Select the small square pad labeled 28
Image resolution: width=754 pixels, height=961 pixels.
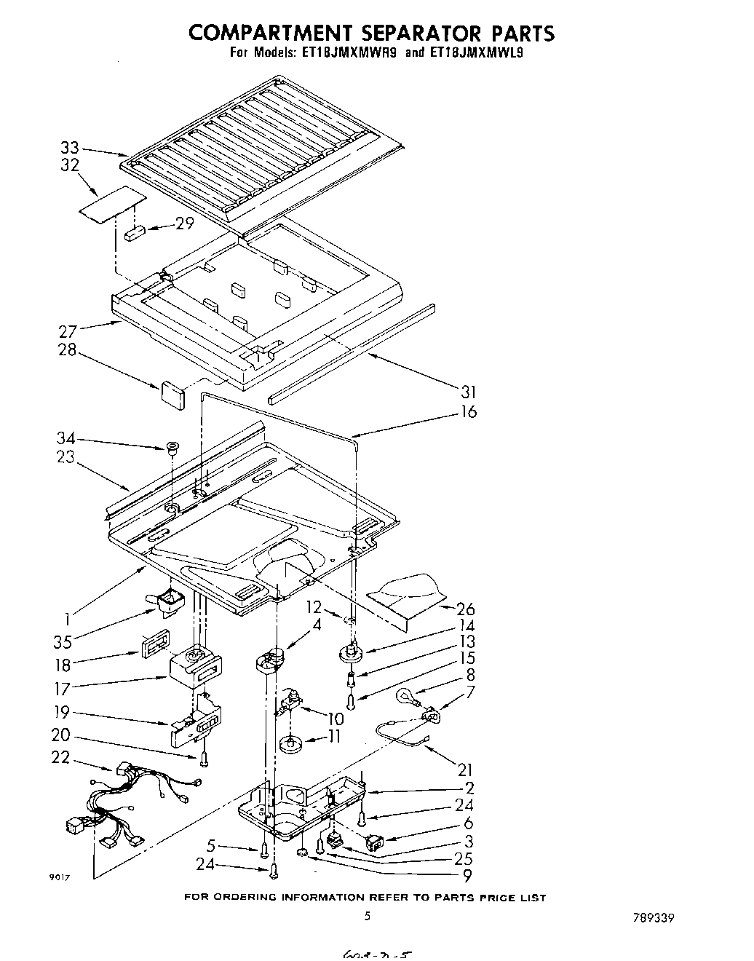coord(172,392)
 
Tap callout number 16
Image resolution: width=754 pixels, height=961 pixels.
coord(469,411)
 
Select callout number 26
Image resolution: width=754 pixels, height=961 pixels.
coord(465,609)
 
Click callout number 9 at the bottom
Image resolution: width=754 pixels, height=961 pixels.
coord(467,876)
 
